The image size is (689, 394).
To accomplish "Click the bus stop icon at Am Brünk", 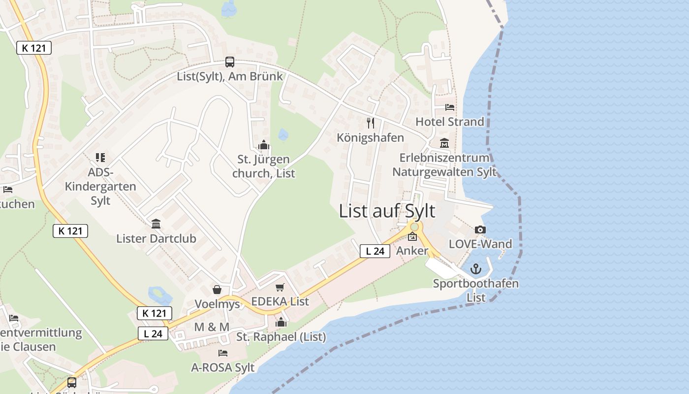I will tap(230, 62).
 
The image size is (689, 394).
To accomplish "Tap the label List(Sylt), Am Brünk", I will tap(230, 76).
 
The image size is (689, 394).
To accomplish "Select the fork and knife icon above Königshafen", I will tap(371, 123).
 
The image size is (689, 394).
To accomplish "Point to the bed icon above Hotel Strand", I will tap(449, 107).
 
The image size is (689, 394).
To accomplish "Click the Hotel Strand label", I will tap(450, 121).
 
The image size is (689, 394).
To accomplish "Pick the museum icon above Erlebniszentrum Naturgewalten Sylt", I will tap(444, 143).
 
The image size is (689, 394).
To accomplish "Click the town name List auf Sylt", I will tap(387, 211).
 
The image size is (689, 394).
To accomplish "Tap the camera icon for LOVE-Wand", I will tap(480, 230).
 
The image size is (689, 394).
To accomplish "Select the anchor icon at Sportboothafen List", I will tap(475, 269).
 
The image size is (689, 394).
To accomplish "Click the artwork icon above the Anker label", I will tap(412, 237).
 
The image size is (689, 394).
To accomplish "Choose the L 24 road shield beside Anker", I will tap(375, 251).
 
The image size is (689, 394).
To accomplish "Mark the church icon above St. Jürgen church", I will tap(264, 145).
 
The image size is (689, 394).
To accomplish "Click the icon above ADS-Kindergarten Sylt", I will tap(100, 158).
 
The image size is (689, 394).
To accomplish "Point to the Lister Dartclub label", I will tap(156, 238).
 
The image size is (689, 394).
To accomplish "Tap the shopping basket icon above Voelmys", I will tap(217, 290).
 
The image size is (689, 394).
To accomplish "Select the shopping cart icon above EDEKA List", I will tap(280, 287).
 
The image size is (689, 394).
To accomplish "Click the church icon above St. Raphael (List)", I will tap(281, 323).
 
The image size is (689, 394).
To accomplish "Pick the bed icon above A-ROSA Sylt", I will tap(223, 353).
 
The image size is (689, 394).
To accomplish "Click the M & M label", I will tap(212, 327).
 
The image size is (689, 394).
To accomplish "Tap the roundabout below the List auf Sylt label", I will tap(415, 227).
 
